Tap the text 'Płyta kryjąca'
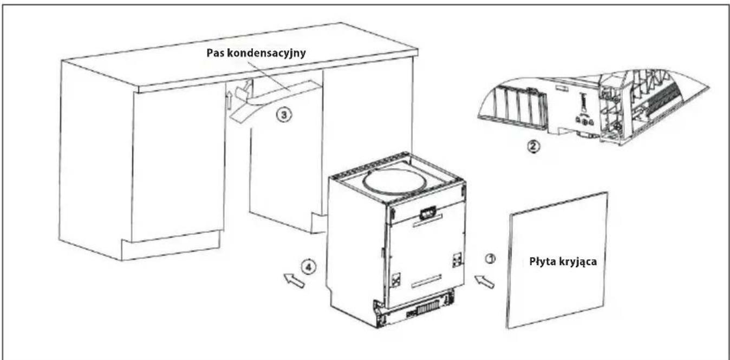(563, 262)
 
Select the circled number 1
(491, 259)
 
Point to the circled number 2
(533, 146)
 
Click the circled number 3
(284, 115)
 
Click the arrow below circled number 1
(484, 281)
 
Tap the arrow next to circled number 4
(294, 280)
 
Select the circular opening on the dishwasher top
(393, 182)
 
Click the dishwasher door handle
(428, 213)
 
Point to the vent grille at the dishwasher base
(427, 307)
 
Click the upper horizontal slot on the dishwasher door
(427, 221)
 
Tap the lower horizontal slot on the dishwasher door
(427, 282)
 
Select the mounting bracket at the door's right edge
(457, 260)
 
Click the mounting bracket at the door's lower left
(396, 279)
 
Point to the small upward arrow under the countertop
(229, 100)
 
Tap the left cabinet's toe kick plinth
(171, 245)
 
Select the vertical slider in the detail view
(583, 102)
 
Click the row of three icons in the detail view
(584, 121)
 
